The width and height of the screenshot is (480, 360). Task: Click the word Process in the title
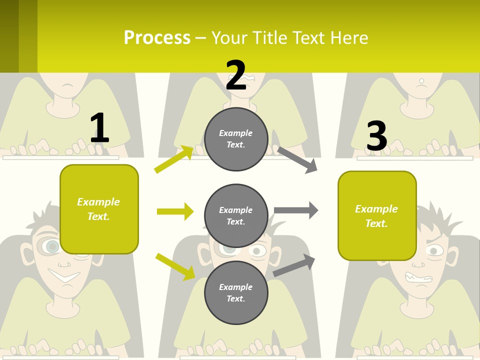pyautogui.click(x=157, y=38)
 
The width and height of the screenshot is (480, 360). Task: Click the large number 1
pyautogui.click(x=99, y=128)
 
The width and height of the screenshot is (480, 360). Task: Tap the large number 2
pyautogui.click(x=236, y=76)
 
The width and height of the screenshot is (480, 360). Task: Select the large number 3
pyautogui.click(x=377, y=136)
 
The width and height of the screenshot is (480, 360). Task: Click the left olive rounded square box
pyautogui.click(x=99, y=209)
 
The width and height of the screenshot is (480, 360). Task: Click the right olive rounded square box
pyautogui.click(x=377, y=216)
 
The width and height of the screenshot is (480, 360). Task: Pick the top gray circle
pyautogui.click(x=236, y=139)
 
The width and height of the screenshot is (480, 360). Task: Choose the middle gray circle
pyautogui.click(x=236, y=215)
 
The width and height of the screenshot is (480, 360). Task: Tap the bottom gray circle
pyautogui.click(x=236, y=292)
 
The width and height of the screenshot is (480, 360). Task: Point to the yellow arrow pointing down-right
pyautogui.click(x=175, y=266)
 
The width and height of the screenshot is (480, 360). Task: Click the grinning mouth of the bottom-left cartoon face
pyautogui.click(x=64, y=275)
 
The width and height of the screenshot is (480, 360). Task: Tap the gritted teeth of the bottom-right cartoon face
pyautogui.click(x=418, y=277)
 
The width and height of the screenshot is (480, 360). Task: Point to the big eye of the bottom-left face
pyautogui.click(x=50, y=246)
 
